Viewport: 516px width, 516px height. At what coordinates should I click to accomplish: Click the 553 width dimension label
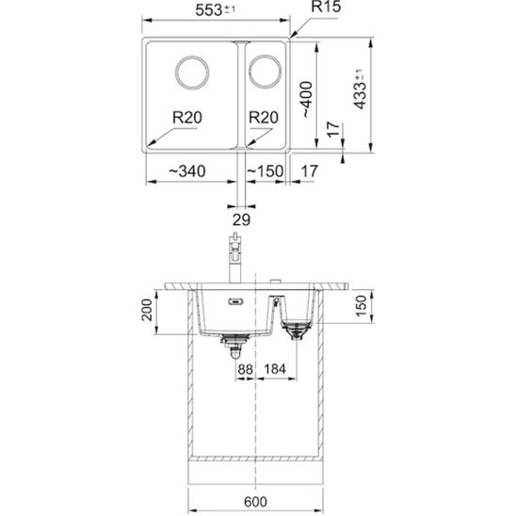[x=216, y=9]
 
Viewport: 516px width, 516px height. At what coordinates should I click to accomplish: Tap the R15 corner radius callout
[x=326, y=7]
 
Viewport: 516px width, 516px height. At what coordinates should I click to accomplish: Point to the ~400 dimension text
[x=307, y=100]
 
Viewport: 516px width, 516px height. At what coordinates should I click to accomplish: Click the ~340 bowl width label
[x=187, y=171]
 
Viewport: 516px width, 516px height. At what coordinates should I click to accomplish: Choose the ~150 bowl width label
[x=265, y=171]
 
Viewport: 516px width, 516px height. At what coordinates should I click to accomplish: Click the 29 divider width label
[x=242, y=219]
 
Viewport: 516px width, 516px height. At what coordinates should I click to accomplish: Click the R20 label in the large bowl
[x=187, y=118]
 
